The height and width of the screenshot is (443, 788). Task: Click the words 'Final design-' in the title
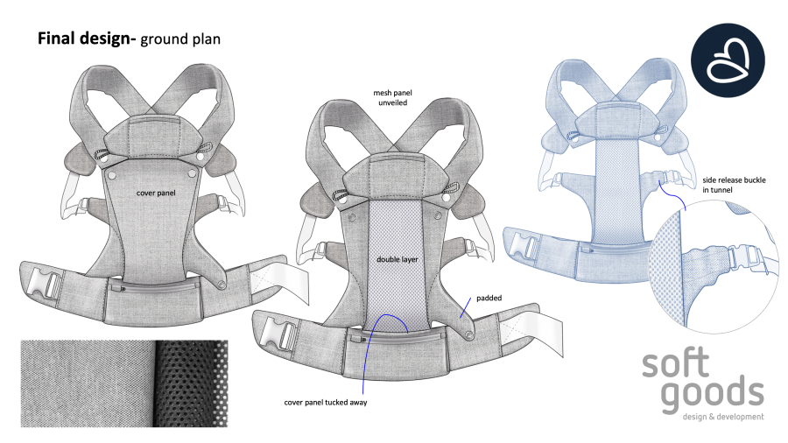coord(87,39)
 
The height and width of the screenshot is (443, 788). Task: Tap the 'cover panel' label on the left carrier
coord(156,193)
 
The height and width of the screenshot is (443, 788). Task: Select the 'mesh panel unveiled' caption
coord(392,97)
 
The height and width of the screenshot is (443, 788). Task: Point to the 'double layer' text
coord(398,259)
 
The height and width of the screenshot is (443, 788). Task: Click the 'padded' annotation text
coord(489,298)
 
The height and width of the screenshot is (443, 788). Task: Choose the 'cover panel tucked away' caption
coord(326,403)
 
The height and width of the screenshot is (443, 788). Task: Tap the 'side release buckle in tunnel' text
coord(735,185)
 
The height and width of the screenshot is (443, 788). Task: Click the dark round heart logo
coord(728,60)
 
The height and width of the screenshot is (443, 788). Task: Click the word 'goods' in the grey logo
coord(712,394)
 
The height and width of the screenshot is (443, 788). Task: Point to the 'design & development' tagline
coord(723,417)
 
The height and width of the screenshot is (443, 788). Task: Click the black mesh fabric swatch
coord(191,383)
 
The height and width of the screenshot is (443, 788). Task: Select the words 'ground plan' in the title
coord(180,39)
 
